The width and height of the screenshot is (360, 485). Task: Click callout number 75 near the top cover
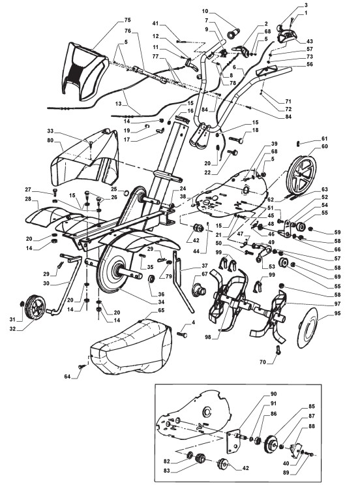127,20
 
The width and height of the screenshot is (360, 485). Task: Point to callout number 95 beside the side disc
337,313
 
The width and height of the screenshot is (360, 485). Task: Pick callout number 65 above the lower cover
161,310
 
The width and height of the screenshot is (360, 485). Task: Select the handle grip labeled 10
233,33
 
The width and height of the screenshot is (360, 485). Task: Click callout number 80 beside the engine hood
50,140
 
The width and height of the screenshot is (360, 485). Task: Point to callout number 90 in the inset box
273,394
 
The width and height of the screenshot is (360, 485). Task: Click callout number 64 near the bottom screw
67,377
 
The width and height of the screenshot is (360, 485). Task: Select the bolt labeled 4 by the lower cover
182,334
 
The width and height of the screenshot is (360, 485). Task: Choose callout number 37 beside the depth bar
204,266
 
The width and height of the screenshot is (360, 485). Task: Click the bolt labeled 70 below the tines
277,350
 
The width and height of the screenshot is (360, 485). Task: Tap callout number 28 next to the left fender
29,199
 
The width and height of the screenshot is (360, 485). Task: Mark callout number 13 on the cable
118,104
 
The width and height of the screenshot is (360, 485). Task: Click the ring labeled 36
152,279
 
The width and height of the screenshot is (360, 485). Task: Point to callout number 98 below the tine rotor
207,337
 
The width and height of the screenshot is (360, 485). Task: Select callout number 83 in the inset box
167,471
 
